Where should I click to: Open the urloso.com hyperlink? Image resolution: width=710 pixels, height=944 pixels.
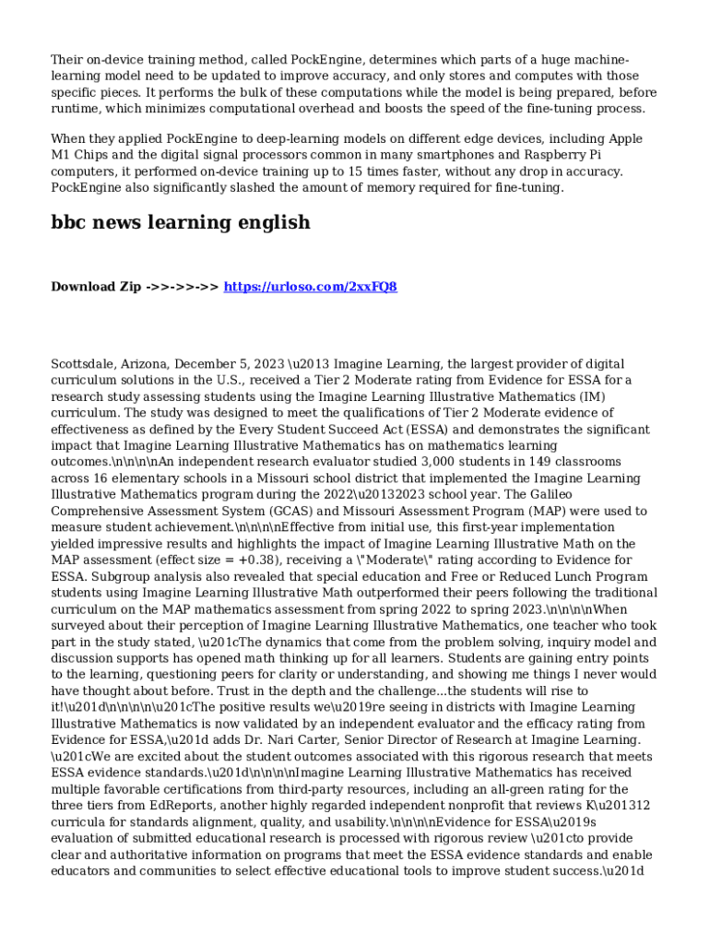point(311,287)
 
